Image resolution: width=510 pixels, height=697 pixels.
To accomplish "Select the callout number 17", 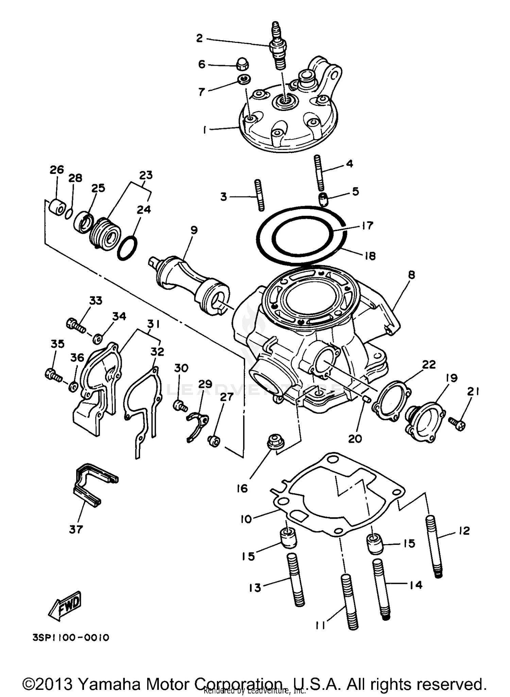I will (368, 226).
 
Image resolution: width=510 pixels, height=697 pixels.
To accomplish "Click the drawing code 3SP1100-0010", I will (71, 637).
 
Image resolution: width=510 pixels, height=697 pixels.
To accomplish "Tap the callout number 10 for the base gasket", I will (246, 519).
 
